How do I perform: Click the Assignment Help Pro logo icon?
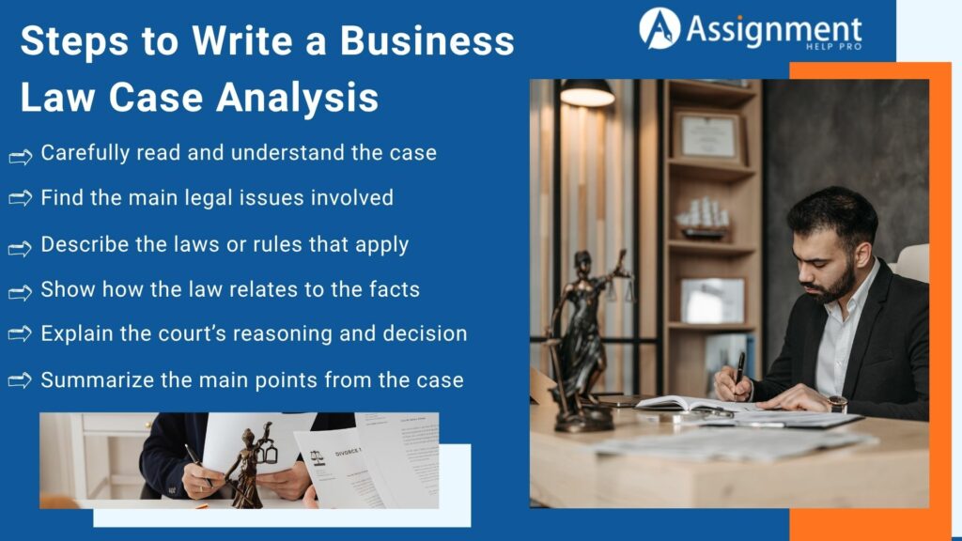point(659,28)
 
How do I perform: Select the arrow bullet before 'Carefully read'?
point(21,155)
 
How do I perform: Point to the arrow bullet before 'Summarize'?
point(21,381)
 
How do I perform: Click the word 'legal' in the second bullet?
point(194,198)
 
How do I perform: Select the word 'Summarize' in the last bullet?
point(94,379)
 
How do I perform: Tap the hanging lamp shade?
point(587,93)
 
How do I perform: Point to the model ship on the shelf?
point(705,219)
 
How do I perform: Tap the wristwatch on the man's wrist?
point(836,403)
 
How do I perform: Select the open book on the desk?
point(686,404)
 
